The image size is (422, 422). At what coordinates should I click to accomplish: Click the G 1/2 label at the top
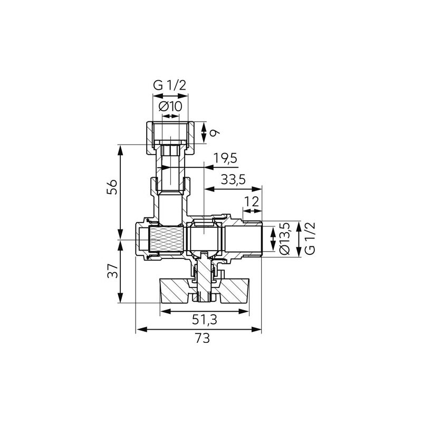click(169, 85)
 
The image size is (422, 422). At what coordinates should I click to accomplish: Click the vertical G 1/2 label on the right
click(310, 238)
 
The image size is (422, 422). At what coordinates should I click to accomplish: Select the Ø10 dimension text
click(170, 107)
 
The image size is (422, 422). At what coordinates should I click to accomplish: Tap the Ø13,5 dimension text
click(284, 238)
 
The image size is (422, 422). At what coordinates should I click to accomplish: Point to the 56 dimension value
click(112, 187)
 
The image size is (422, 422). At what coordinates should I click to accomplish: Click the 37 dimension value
click(112, 271)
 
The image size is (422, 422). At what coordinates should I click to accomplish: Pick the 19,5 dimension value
click(226, 158)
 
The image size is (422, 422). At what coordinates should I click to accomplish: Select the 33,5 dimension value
click(233, 179)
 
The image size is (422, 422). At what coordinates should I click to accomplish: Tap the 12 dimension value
click(252, 202)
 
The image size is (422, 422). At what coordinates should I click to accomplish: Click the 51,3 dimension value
click(205, 320)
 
